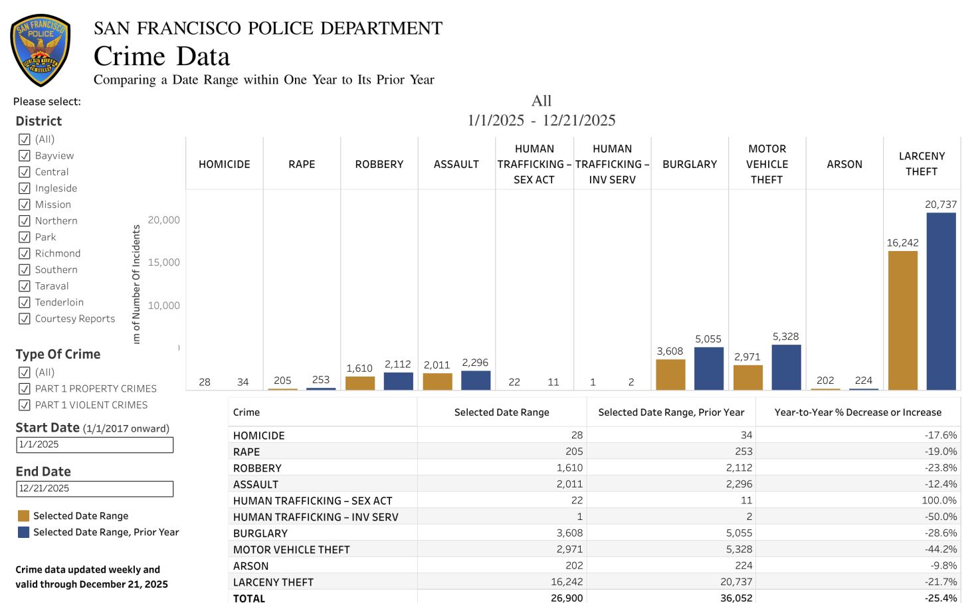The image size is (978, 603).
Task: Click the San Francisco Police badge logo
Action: (41, 50)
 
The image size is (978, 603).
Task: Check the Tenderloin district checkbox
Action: (25, 302)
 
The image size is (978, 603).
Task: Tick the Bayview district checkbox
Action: (25, 155)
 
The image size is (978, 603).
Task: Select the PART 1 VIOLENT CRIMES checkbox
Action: (25, 405)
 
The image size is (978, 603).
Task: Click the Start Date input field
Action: (94, 444)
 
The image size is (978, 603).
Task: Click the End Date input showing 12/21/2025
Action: (94, 489)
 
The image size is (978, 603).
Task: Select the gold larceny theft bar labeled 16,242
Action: (902, 320)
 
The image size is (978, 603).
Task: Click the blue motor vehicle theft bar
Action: (786, 367)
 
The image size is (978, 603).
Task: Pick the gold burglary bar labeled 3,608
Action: (670, 375)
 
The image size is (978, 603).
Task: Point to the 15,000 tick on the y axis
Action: (163, 262)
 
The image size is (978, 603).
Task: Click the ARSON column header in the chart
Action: (844, 164)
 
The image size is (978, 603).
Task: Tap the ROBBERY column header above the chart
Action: (379, 164)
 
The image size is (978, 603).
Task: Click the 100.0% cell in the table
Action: (939, 500)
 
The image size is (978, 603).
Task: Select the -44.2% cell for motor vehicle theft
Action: (940, 549)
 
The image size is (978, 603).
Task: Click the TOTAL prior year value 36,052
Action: (735, 598)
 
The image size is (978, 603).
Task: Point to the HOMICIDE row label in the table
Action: (258, 436)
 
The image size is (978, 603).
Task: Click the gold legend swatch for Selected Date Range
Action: (24, 516)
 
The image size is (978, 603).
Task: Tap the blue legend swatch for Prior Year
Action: (24, 532)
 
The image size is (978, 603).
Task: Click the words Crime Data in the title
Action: (161, 56)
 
